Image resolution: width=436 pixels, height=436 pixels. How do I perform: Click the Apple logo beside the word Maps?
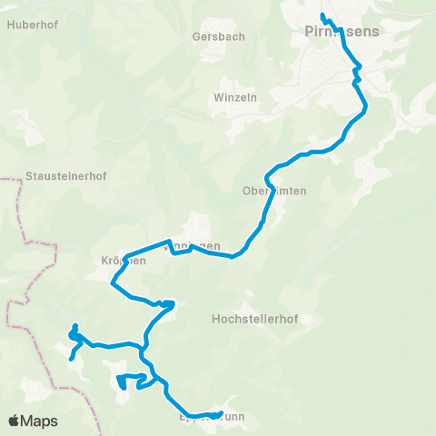click(x=15, y=421)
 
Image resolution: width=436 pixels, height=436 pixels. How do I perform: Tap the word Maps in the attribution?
click(x=39, y=421)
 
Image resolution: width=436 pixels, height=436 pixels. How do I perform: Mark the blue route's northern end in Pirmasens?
click(x=323, y=15)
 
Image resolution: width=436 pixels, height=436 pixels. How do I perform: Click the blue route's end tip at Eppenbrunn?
click(x=221, y=414)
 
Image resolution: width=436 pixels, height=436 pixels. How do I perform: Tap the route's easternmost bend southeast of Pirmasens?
click(x=367, y=108)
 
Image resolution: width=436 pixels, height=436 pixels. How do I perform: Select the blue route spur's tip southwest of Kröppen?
click(x=70, y=359)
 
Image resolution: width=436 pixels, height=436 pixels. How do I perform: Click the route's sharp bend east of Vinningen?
click(x=233, y=257)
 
